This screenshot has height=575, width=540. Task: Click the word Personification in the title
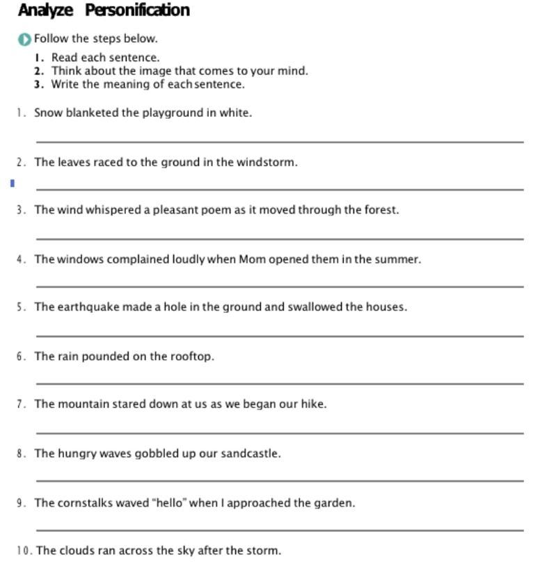pyautogui.click(x=137, y=10)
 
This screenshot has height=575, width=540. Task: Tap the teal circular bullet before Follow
pyautogui.click(x=25, y=39)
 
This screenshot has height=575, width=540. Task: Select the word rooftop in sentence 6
pyautogui.click(x=192, y=357)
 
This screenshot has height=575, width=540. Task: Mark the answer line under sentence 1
pyautogui.click(x=278, y=142)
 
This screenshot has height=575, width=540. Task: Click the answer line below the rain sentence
pyautogui.click(x=278, y=383)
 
